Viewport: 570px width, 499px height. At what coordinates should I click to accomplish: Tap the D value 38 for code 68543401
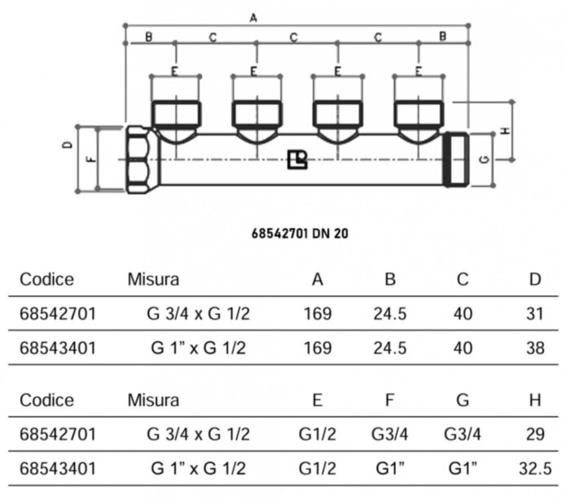click(x=533, y=348)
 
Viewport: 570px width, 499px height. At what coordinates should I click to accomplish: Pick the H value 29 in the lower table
click(x=534, y=435)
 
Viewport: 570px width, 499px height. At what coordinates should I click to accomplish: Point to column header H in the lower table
click(x=534, y=400)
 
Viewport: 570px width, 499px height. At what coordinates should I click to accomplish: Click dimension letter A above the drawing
click(x=252, y=17)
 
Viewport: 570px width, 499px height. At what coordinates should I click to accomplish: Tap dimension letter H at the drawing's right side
click(x=505, y=130)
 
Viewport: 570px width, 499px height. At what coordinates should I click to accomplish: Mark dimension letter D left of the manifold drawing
click(x=69, y=144)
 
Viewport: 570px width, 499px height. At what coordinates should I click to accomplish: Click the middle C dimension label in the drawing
click(x=294, y=37)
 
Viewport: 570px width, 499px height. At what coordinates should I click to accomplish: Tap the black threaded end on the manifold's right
click(x=455, y=160)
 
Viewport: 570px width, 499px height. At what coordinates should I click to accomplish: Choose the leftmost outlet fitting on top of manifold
click(x=175, y=114)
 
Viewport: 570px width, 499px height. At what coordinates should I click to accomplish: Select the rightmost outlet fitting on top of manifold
click(x=419, y=114)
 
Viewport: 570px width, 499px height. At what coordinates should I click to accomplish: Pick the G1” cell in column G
click(x=463, y=469)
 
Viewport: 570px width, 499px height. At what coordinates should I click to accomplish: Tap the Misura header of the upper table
click(x=153, y=280)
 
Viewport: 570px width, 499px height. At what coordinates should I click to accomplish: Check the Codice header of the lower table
click(x=46, y=400)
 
